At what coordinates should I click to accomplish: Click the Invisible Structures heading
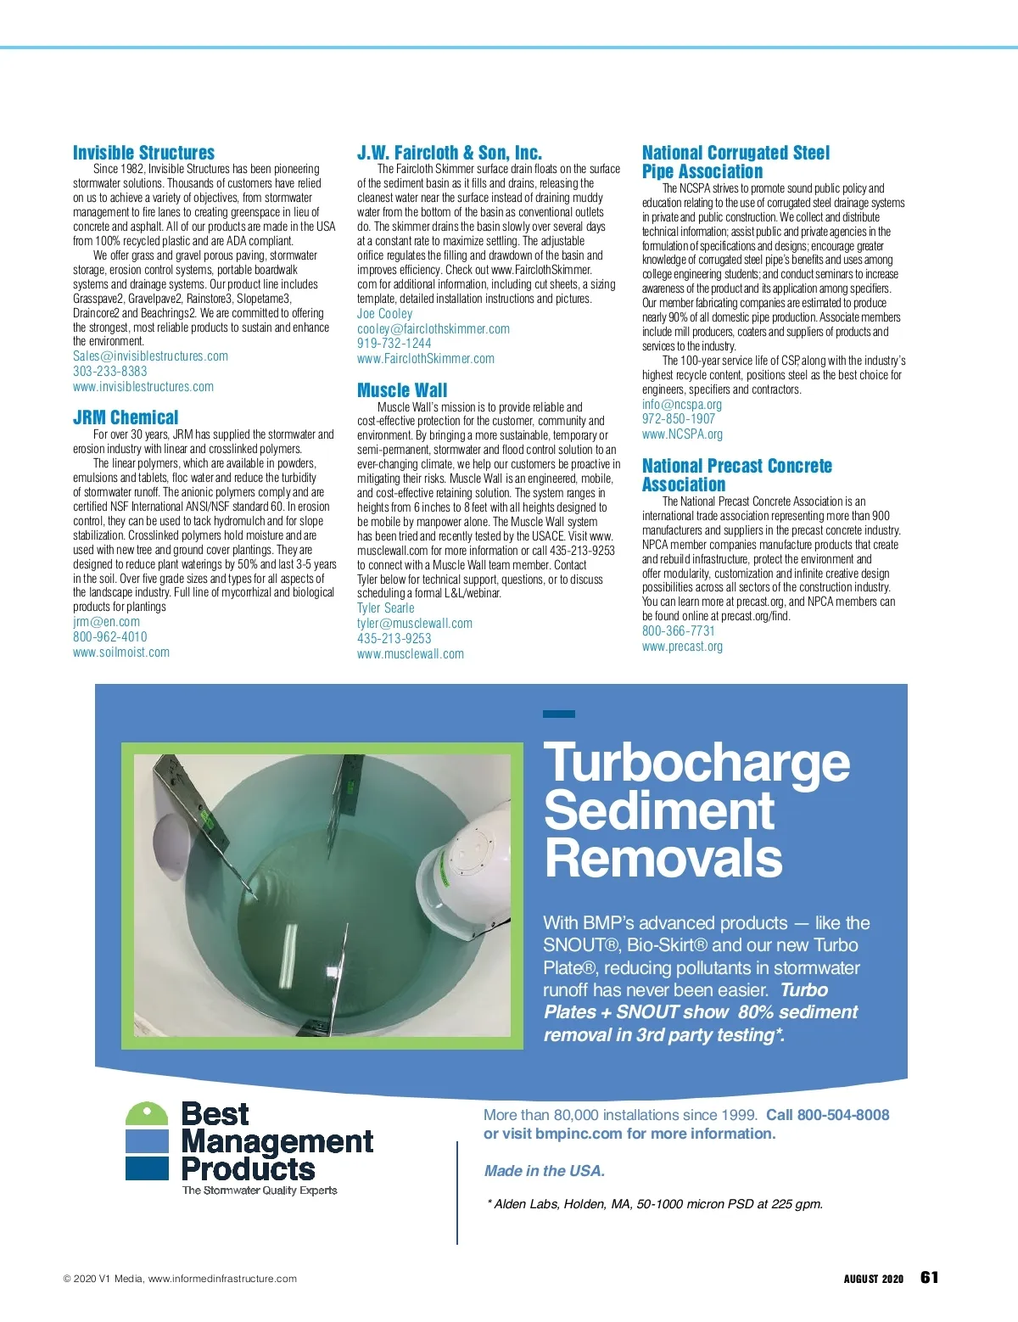tap(143, 153)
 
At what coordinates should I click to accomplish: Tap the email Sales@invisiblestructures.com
tap(150, 356)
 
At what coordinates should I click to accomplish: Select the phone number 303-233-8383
tap(109, 372)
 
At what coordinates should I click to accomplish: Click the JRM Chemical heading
tap(126, 417)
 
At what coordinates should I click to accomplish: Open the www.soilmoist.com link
tap(120, 653)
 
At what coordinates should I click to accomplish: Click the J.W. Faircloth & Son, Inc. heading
tap(449, 153)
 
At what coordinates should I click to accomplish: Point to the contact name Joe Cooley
tap(384, 314)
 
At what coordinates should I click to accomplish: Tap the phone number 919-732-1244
tap(394, 344)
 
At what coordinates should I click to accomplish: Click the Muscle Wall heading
tap(402, 390)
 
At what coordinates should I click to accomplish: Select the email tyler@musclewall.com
tap(414, 624)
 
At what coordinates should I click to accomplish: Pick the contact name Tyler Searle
tap(385, 608)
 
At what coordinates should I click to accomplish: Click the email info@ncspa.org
tap(681, 405)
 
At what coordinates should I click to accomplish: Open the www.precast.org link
tap(682, 647)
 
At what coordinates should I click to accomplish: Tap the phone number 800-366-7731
tap(678, 631)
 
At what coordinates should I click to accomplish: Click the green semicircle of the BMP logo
tap(147, 1114)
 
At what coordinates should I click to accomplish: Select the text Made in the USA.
tap(544, 1171)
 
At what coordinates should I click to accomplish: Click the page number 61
tap(930, 1278)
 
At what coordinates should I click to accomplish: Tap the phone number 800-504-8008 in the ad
tap(842, 1115)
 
